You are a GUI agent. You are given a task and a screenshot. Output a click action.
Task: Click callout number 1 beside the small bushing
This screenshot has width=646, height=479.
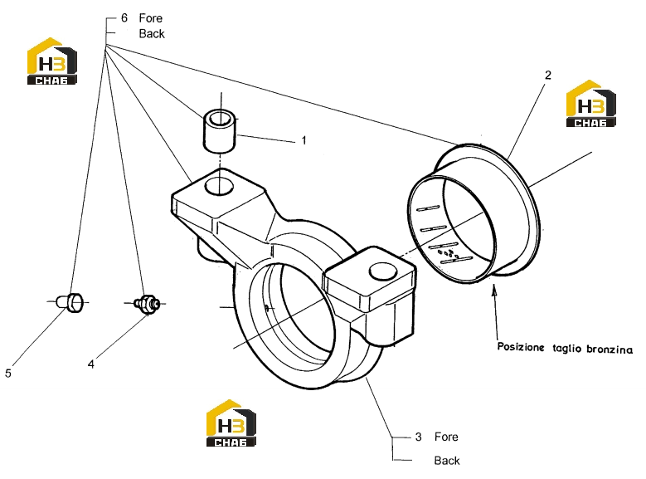(x=304, y=140)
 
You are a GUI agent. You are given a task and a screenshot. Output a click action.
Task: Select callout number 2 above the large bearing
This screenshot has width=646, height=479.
(x=547, y=75)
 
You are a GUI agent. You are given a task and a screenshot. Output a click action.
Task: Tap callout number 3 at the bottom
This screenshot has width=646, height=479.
(x=418, y=437)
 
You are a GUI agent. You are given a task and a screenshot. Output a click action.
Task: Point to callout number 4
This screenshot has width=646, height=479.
(x=91, y=364)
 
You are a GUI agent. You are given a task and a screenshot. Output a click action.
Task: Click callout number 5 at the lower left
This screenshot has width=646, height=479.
(x=8, y=374)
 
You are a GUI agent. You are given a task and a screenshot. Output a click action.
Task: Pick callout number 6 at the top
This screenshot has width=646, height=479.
(x=124, y=17)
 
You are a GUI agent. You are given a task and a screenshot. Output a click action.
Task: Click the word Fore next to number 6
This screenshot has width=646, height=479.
(x=150, y=18)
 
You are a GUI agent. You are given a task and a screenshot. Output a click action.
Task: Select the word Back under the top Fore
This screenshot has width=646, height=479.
(x=152, y=34)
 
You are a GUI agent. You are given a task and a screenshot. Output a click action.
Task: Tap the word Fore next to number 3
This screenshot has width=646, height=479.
(x=446, y=437)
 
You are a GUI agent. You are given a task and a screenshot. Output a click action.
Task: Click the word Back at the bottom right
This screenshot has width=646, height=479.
(x=447, y=461)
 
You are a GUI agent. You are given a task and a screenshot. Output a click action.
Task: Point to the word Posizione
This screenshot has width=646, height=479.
(x=521, y=347)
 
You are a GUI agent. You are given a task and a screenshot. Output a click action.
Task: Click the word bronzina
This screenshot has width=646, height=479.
(x=610, y=349)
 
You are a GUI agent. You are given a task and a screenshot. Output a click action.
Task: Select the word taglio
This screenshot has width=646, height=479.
(x=566, y=349)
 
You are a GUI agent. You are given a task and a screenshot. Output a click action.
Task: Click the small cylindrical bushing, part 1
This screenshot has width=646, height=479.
(x=221, y=131)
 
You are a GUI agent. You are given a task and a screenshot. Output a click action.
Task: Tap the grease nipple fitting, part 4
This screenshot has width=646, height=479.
(x=147, y=304)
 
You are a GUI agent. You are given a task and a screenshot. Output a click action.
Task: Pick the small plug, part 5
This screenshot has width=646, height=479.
(x=70, y=302)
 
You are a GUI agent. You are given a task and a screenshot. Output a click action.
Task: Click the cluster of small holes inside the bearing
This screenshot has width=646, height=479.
(x=449, y=254)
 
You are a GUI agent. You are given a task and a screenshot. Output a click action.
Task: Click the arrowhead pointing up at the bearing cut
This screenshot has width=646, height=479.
(x=494, y=290)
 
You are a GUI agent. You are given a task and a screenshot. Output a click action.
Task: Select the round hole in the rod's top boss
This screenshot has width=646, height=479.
(x=219, y=186)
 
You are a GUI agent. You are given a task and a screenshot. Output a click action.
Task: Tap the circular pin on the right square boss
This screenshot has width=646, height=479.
(x=383, y=272)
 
